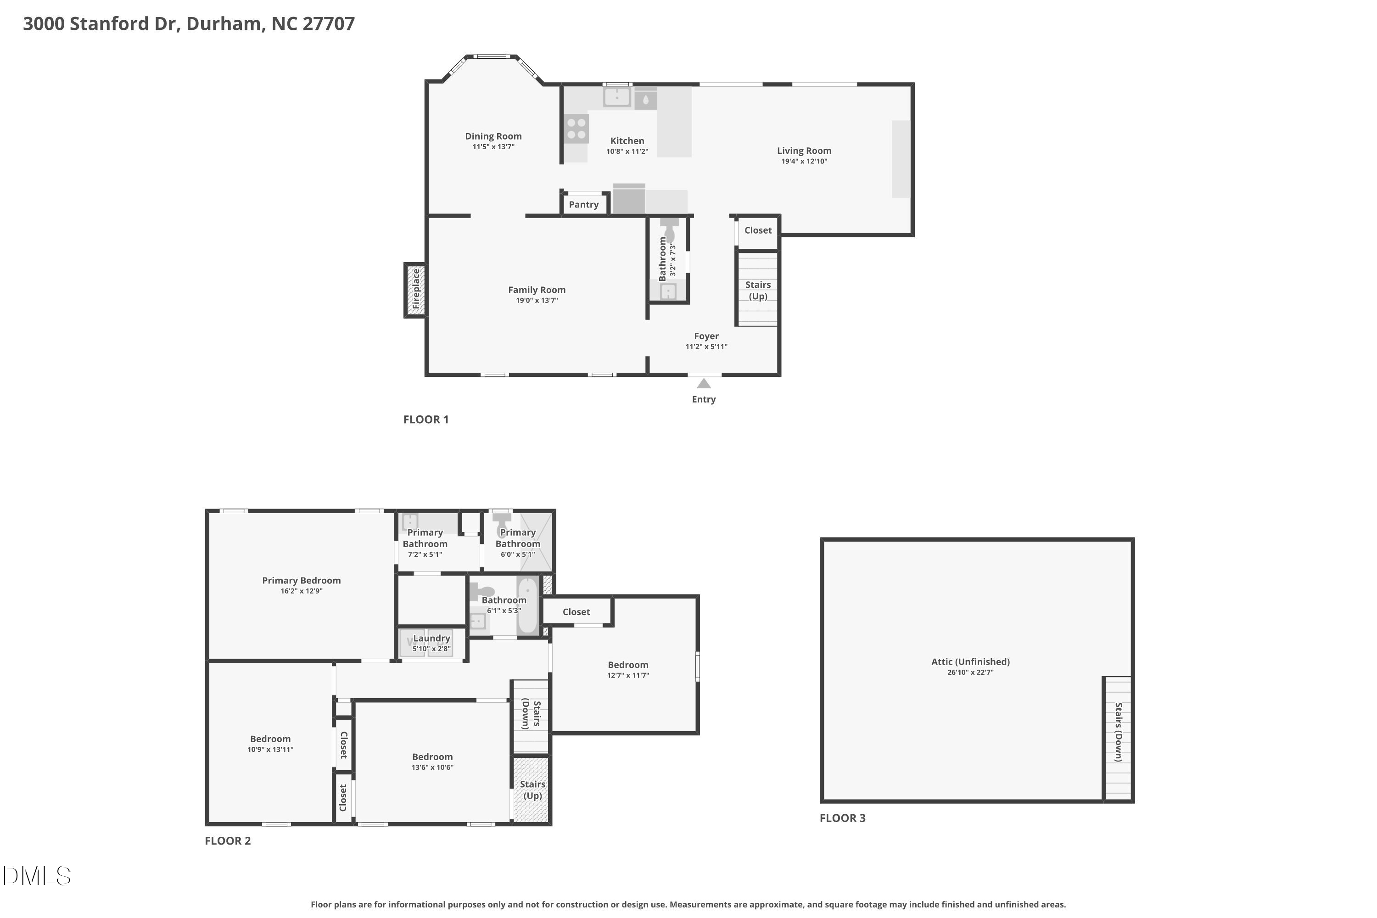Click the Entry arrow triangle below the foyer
[x=704, y=383]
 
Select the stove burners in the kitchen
[x=576, y=129]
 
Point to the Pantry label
[x=584, y=204]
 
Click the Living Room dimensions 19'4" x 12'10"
[x=804, y=161]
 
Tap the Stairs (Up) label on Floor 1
[x=758, y=291]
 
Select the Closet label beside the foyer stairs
[x=758, y=230]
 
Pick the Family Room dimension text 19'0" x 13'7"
[x=536, y=300]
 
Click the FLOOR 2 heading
[x=228, y=841]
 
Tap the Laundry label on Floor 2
[x=431, y=638]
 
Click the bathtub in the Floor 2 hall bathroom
[x=527, y=605]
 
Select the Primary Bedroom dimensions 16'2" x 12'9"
[x=301, y=591]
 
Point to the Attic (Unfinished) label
[x=970, y=661]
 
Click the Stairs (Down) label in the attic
[x=1118, y=732]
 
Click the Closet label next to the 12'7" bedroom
[x=576, y=612]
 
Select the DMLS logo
[x=37, y=876]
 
